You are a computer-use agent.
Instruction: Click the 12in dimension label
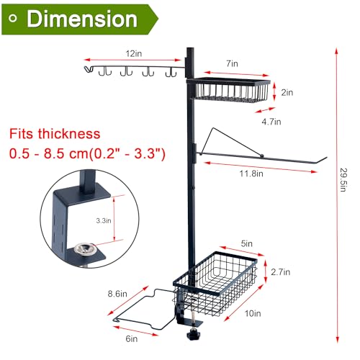point(134,53)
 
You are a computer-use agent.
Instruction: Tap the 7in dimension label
point(232,63)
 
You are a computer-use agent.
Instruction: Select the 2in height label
point(287,92)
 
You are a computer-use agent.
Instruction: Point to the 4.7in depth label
point(271,122)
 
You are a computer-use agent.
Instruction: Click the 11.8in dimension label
point(251,174)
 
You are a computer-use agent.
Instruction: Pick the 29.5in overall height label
point(343,180)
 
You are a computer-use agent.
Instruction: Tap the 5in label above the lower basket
point(247,243)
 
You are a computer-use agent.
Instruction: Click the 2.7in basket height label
point(281,272)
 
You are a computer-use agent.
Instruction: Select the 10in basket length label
point(253,313)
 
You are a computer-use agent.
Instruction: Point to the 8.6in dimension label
point(117,294)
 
